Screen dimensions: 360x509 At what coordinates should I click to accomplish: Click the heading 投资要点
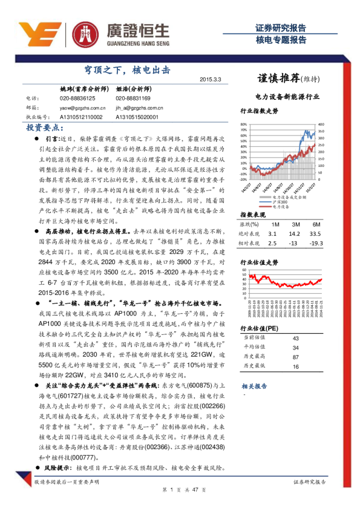click(45, 128)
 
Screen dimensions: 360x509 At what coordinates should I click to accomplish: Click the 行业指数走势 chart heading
click(259, 111)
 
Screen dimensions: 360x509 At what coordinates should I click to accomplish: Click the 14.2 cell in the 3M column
click(295, 233)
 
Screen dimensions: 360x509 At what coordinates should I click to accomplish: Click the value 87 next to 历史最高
click(296, 357)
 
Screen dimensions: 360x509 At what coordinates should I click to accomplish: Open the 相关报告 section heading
click(254, 386)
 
